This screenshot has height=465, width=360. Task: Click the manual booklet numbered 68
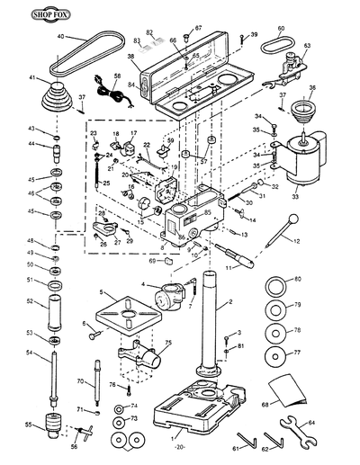(290, 389)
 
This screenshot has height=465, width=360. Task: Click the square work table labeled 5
(130, 314)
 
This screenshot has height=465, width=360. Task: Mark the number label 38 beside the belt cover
(130, 56)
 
